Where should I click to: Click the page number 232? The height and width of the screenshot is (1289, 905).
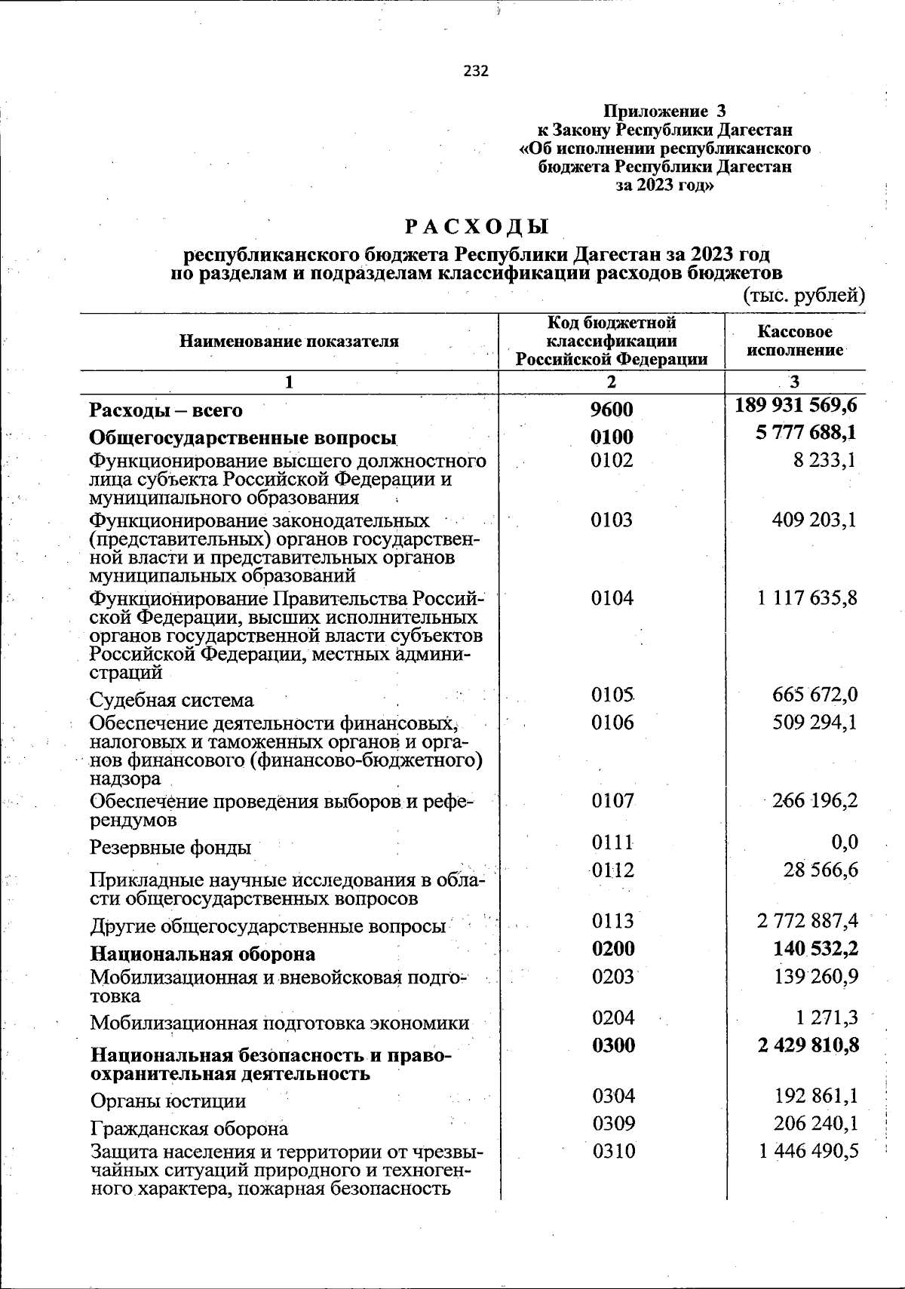coord(476,72)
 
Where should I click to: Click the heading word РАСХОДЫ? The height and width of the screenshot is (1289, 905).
coord(476,227)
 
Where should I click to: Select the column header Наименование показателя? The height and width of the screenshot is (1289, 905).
coord(289,342)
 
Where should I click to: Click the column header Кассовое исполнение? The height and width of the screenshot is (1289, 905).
coord(795,341)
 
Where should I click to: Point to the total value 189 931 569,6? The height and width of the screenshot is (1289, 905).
coord(796,406)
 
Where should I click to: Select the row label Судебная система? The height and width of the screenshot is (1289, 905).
coord(172,700)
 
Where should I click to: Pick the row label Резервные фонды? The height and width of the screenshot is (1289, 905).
coord(170,848)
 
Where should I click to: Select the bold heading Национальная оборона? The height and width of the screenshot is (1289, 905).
coord(202,954)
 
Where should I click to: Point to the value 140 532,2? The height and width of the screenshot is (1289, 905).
coord(815,949)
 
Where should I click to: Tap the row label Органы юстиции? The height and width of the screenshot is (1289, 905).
coord(167,1101)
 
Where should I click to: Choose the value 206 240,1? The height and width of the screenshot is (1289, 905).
coord(816,1123)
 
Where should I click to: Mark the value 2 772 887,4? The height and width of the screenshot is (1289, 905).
coord(807,921)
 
